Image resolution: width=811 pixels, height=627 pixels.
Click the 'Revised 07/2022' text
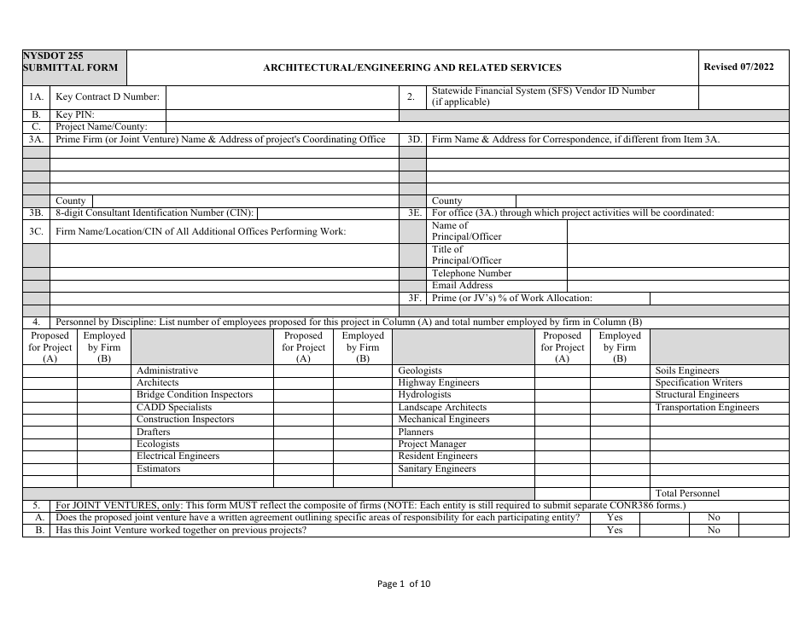[738, 67]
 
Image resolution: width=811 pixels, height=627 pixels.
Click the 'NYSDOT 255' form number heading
[54, 55]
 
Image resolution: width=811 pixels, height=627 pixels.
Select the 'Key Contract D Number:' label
[108, 96]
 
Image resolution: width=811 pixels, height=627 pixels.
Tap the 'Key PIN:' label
[75, 114]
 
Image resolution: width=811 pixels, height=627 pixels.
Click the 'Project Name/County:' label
[102, 126]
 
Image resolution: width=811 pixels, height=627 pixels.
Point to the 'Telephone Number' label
[471, 273]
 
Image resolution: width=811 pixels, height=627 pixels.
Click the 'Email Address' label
[462, 285]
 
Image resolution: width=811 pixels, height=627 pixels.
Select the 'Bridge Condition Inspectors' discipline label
[195, 395]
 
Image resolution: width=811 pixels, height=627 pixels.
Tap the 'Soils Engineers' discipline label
[687, 370]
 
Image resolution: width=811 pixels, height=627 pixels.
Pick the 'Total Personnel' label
[687, 493]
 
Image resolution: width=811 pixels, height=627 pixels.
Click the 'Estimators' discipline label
[159, 468]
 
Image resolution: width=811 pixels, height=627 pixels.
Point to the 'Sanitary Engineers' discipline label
[437, 468]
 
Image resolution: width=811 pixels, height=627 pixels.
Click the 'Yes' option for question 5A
[614, 518]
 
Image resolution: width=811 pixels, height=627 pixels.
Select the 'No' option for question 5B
[714, 530]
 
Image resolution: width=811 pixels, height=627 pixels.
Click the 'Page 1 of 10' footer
[405, 583]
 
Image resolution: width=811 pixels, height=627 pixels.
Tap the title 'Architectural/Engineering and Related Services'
[412, 67]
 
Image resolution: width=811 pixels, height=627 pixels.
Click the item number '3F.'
[415, 299]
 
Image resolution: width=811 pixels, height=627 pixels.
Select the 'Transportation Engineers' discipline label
[707, 407]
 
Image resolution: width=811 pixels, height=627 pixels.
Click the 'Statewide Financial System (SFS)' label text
[543, 90]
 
